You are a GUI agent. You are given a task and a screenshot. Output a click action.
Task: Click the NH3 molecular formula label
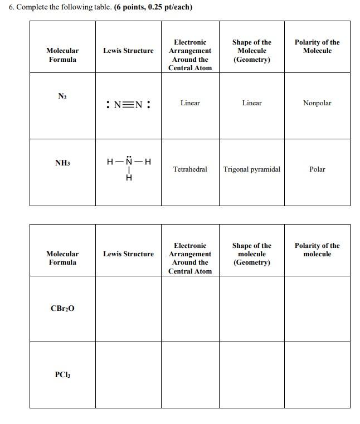pos(62,163)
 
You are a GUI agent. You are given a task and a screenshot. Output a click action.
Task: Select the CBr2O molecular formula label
pos(62,308)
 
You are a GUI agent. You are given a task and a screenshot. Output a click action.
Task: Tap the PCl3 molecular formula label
pos(62,374)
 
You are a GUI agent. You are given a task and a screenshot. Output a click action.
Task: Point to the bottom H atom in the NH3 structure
pos(129,178)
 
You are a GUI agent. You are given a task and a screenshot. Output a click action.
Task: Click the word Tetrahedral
pos(190,169)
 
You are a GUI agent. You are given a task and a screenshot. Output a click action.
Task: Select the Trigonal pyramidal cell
pos(252,169)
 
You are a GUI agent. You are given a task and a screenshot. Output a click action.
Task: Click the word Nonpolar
pos(317,103)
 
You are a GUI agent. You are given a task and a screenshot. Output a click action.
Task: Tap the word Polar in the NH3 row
pos(317,169)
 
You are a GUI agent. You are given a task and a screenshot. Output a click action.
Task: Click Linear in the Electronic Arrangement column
pos(190,103)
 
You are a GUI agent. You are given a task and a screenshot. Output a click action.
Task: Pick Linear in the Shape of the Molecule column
pos(252,103)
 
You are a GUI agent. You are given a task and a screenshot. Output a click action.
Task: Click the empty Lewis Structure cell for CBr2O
pos(128,309)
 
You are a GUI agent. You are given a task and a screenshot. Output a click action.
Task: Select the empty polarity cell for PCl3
pos(317,375)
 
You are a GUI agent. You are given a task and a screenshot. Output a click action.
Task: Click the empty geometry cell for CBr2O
pos(252,309)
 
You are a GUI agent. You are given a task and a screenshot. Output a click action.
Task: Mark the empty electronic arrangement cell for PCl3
pos(190,375)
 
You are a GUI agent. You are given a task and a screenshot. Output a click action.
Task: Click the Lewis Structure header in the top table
pos(128,51)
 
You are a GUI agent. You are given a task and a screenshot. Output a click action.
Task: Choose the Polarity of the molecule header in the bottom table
pos(317,250)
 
